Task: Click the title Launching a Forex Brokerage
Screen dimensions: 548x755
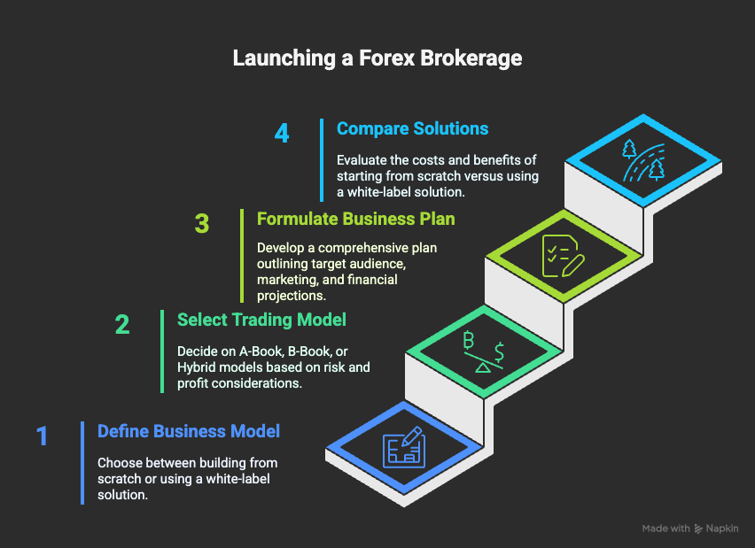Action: (x=377, y=59)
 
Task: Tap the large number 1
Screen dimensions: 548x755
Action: (x=42, y=436)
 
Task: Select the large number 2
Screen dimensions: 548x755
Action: (x=122, y=324)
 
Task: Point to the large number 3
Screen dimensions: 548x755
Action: (x=202, y=224)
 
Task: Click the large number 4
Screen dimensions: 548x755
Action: (x=282, y=135)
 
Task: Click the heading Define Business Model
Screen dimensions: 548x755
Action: (x=189, y=431)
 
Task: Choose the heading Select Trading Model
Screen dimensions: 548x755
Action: (x=261, y=320)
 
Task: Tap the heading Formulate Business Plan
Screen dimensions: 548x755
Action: (x=356, y=219)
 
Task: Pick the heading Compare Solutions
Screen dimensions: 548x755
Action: (x=412, y=128)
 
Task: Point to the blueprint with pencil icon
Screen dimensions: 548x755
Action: (x=403, y=450)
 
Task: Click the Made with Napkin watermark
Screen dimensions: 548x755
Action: (x=691, y=529)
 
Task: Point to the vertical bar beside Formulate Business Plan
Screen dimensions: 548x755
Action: (x=241, y=256)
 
